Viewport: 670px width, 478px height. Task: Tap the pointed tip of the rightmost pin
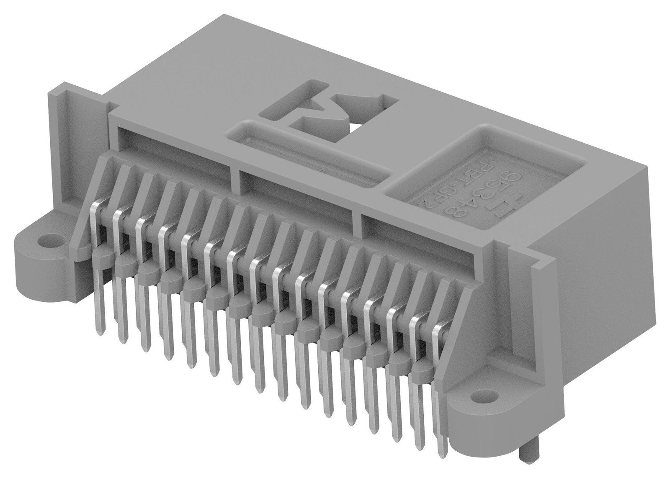(x=441, y=455)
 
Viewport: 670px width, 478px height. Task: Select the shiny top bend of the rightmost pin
(x=438, y=329)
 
